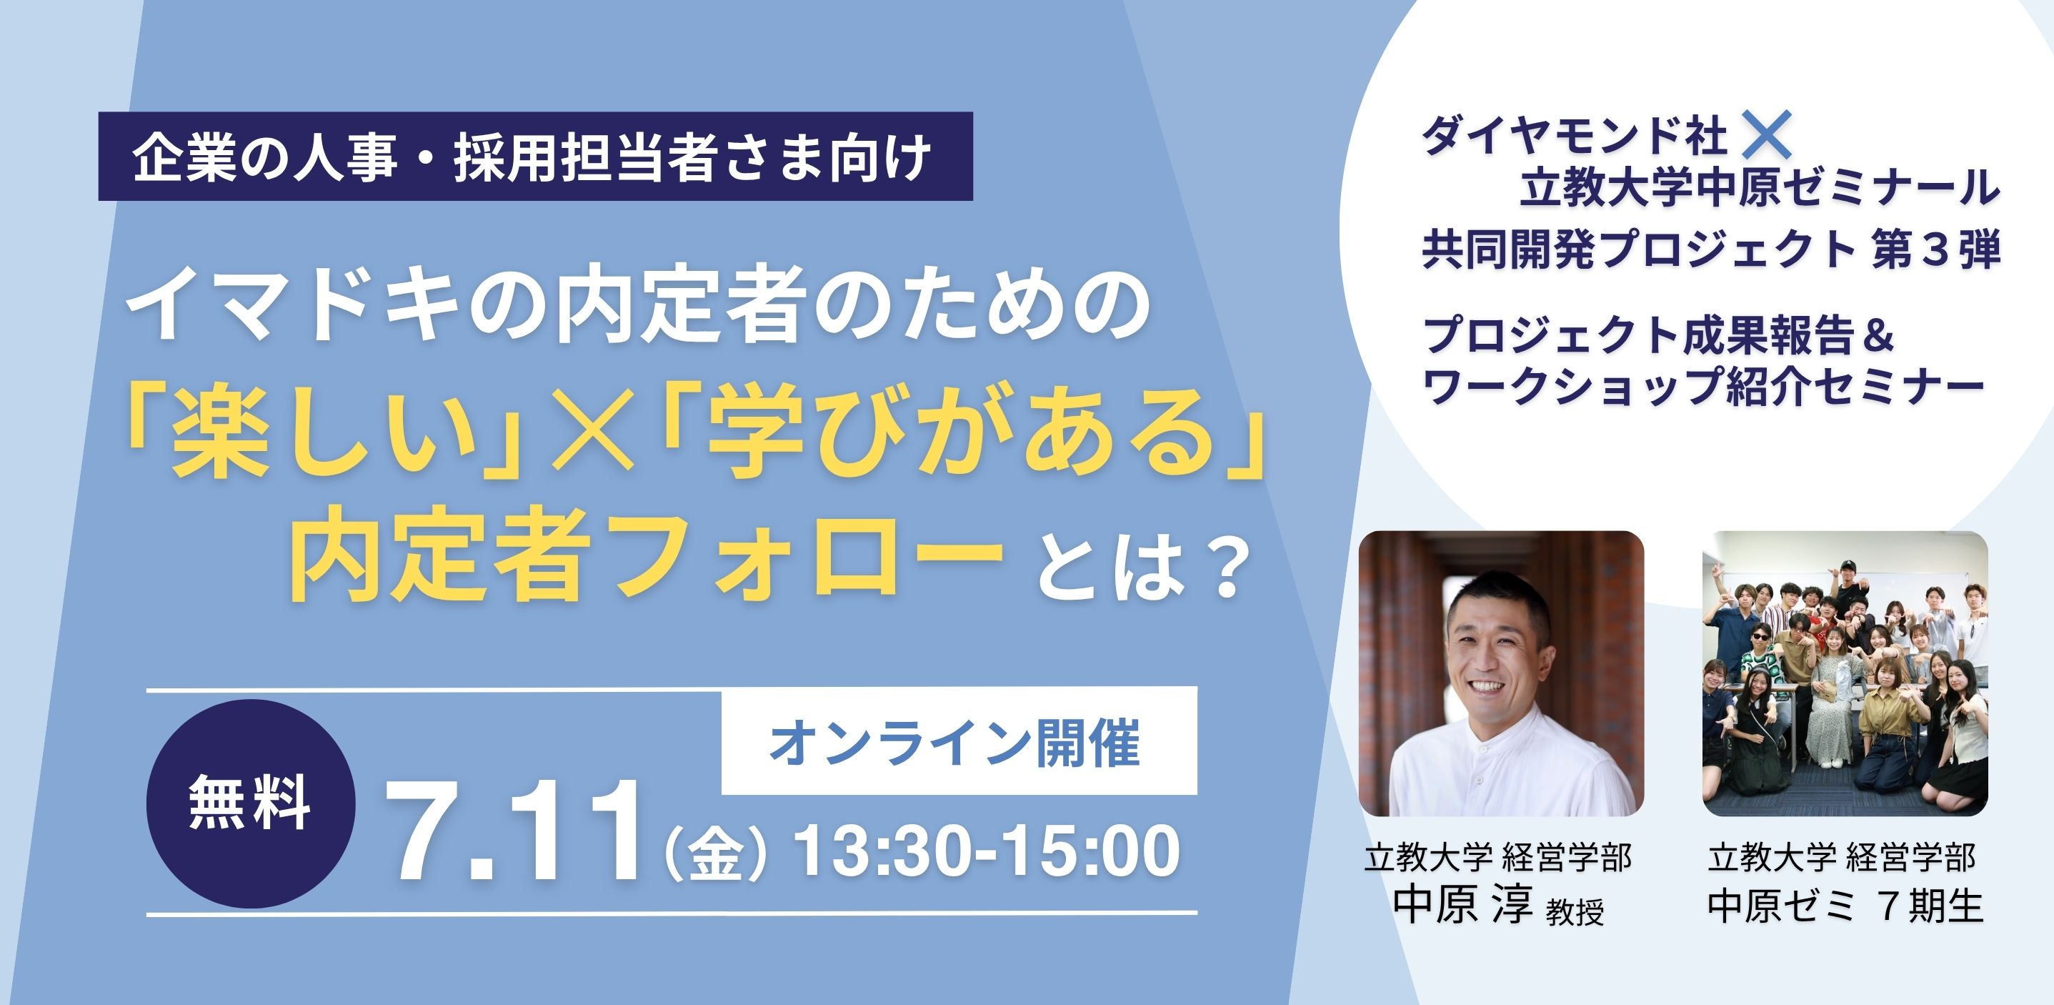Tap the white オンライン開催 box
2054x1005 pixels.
[959, 741]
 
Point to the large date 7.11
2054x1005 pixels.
[515, 831]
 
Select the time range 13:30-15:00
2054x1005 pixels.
[988, 851]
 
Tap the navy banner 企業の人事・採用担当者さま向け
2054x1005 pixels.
[535, 157]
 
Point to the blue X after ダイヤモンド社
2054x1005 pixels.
[1767, 135]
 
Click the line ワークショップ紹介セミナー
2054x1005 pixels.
[1702, 387]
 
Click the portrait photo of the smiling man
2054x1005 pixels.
[1500, 674]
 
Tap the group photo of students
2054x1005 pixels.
[1845, 674]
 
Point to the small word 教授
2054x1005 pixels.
[1575, 911]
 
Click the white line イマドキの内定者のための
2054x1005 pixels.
[639, 307]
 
